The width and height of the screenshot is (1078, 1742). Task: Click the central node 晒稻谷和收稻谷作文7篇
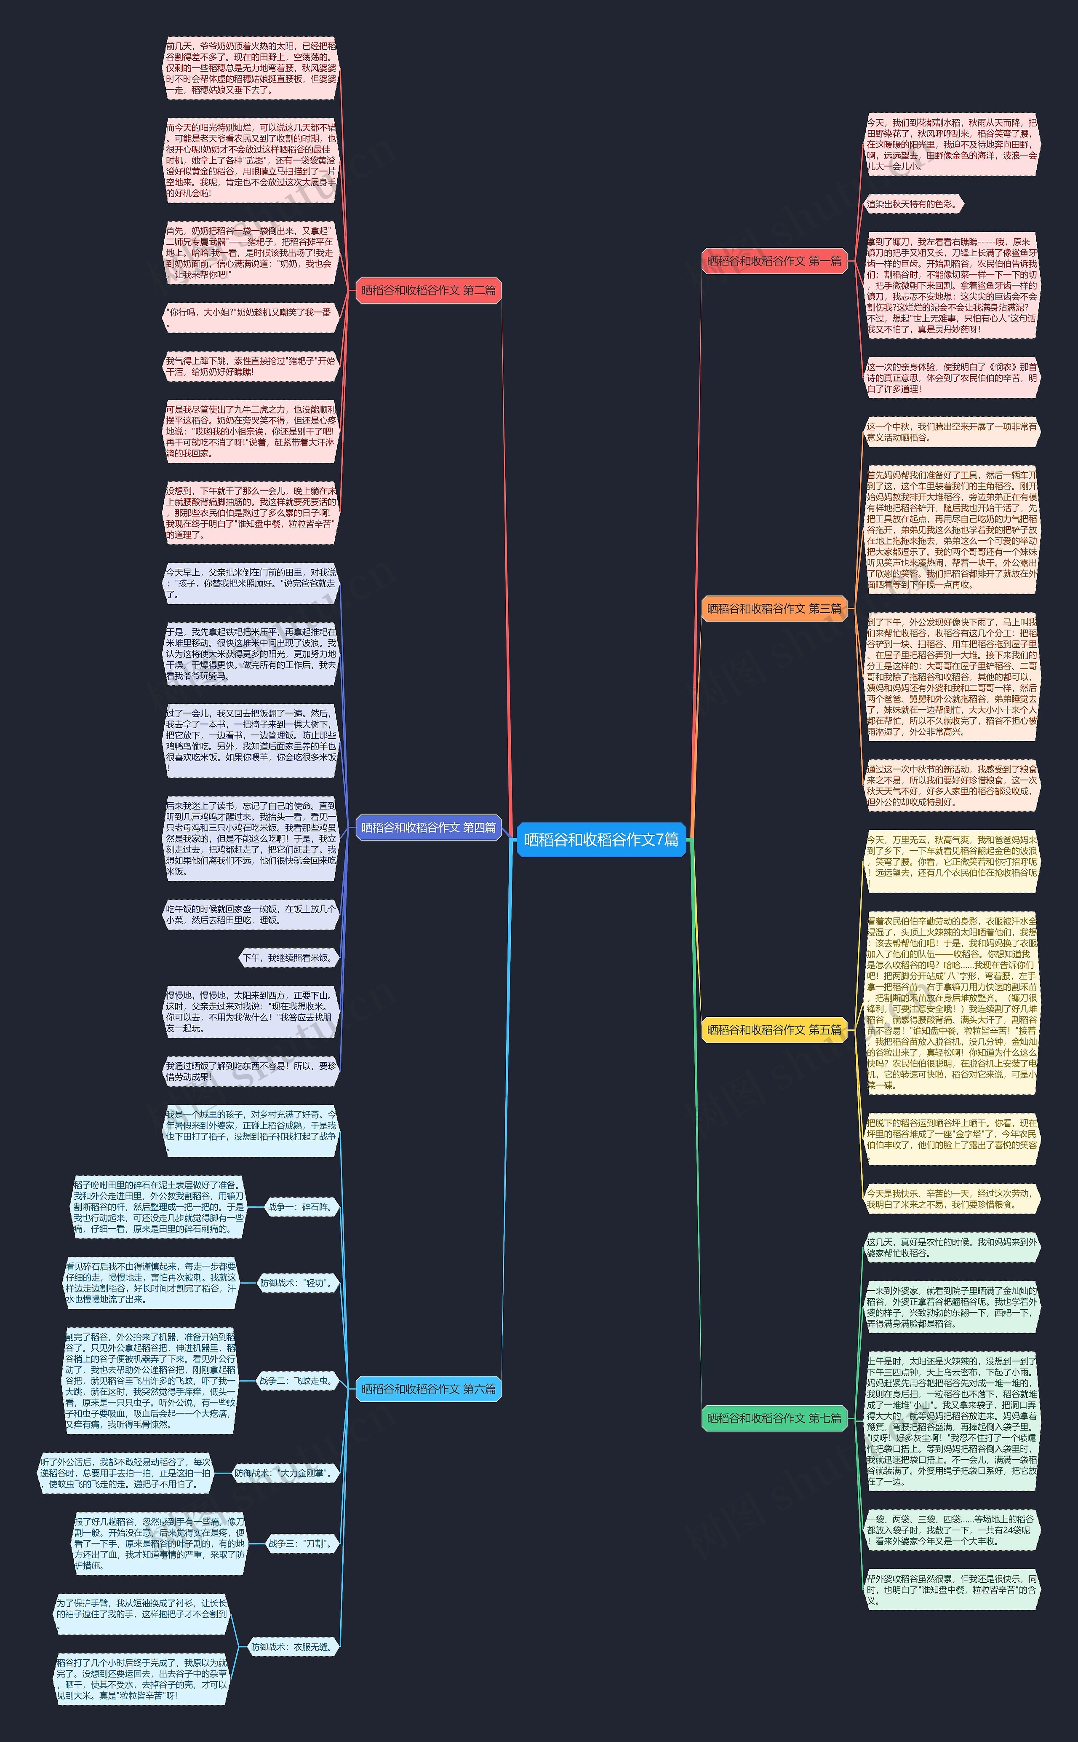(x=601, y=840)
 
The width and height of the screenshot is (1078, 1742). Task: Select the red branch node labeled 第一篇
(x=774, y=261)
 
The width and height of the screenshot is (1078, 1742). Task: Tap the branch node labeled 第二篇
(x=429, y=290)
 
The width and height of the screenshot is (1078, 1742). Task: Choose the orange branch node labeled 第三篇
(x=774, y=608)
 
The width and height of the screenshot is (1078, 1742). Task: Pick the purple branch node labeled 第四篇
(x=429, y=828)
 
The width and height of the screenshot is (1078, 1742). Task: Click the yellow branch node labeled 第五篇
(x=774, y=1029)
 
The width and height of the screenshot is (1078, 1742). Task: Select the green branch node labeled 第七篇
(x=774, y=1418)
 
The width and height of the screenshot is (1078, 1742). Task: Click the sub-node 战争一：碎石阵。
(x=299, y=1207)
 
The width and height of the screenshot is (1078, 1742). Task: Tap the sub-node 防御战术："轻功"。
(x=295, y=1283)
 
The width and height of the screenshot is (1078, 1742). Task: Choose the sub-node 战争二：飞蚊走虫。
(x=295, y=1380)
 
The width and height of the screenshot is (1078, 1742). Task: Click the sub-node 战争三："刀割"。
(x=299, y=1543)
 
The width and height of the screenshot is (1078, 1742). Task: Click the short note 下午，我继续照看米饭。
(x=288, y=958)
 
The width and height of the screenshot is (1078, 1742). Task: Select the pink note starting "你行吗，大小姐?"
(x=250, y=317)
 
